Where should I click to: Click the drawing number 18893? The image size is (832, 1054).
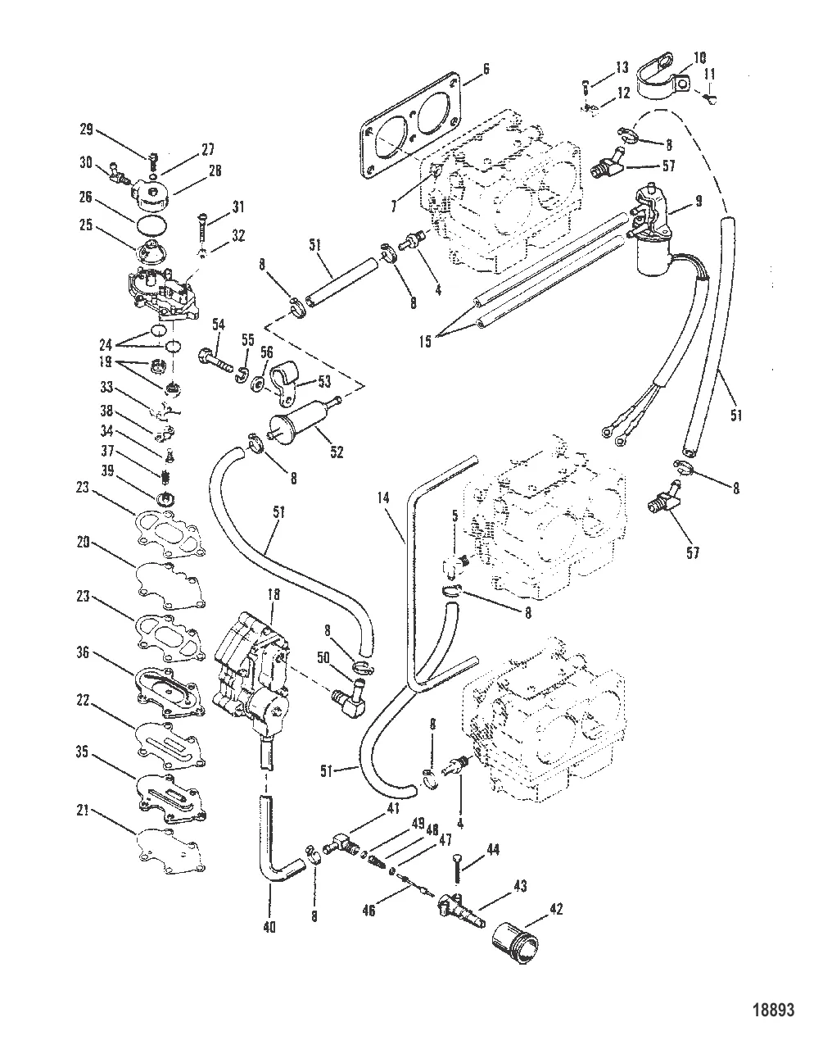pyautogui.click(x=774, y=1010)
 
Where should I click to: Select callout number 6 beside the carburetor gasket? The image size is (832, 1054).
pyautogui.click(x=486, y=69)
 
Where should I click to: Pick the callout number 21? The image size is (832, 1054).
pyautogui.click(x=83, y=811)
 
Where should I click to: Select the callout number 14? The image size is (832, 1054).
pyautogui.click(x=383, y=497)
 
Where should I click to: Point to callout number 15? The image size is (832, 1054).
pyautogui.click(x=425, y=342)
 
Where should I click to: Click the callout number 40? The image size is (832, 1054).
pyautogui.click(x=269, y=927)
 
